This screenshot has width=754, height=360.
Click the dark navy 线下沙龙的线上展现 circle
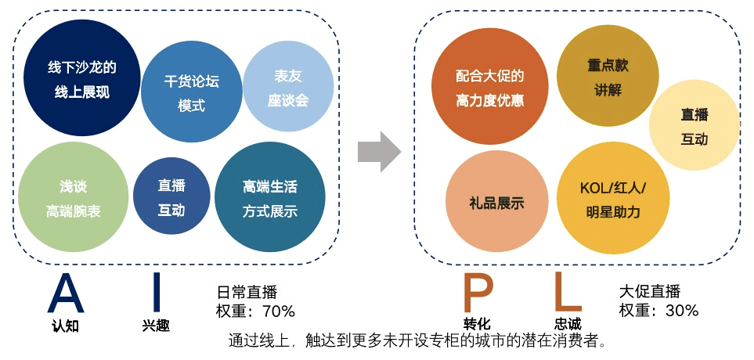(x=82, y=79)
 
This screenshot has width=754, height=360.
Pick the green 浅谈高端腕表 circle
(x=71, y=198)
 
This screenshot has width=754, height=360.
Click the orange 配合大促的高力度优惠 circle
(x=489, y=88)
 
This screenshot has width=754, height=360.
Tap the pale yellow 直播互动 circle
(x=694, y=126)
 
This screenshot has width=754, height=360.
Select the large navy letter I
(x=156, y=293)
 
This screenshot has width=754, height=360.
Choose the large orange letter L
(x=567, y=293)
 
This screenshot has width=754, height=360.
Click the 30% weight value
(x=680, y=311)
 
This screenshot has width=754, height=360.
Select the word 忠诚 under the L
(x=568, y=324)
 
